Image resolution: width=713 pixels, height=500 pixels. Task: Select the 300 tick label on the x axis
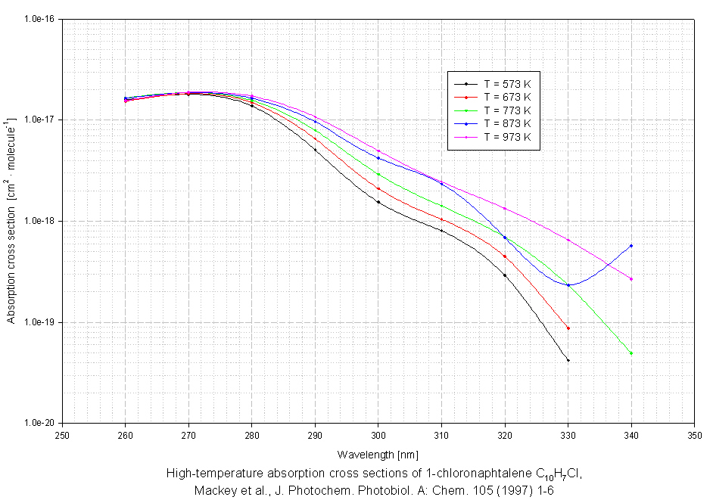coord(378,436)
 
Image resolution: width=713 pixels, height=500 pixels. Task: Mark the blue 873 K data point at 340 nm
coord(631,245)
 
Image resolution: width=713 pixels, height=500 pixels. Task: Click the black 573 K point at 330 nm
coord(568,360)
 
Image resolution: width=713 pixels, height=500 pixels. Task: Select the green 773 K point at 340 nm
coord(631,353)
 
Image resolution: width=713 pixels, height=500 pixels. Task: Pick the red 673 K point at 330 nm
coord(568,328)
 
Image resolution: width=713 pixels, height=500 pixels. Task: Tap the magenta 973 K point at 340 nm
coord(631,279)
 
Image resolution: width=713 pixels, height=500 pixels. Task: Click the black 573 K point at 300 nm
coord(378,202)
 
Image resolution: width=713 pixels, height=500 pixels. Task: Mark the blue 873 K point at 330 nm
coord(568,285)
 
